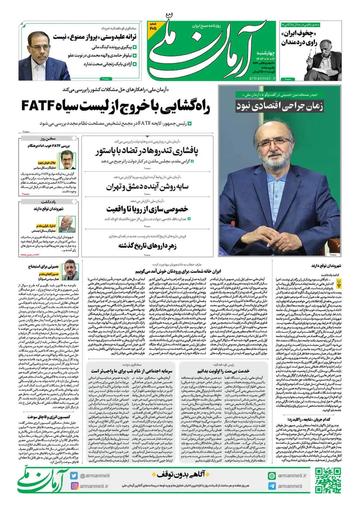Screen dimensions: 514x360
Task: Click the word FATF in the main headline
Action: coord(38,106)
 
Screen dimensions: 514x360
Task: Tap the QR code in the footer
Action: coord(328,480)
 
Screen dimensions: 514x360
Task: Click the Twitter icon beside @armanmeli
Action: coord(74,476)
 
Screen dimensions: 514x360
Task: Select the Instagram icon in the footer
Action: coord(74,486)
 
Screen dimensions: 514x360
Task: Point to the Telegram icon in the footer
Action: coord(272,486)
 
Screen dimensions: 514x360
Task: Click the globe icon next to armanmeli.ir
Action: coord(272,476)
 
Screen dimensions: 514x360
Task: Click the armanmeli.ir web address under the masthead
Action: coord(262,78)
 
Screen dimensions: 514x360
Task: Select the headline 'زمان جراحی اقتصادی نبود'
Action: coord(280,106)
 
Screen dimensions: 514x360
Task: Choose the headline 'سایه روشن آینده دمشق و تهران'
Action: coord(147,187)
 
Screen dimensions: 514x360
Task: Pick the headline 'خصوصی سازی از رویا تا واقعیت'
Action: coord(147,209)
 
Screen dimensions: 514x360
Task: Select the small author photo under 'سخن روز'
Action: coord(68,160)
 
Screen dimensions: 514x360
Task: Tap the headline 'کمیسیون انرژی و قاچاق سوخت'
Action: coord(49,417)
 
